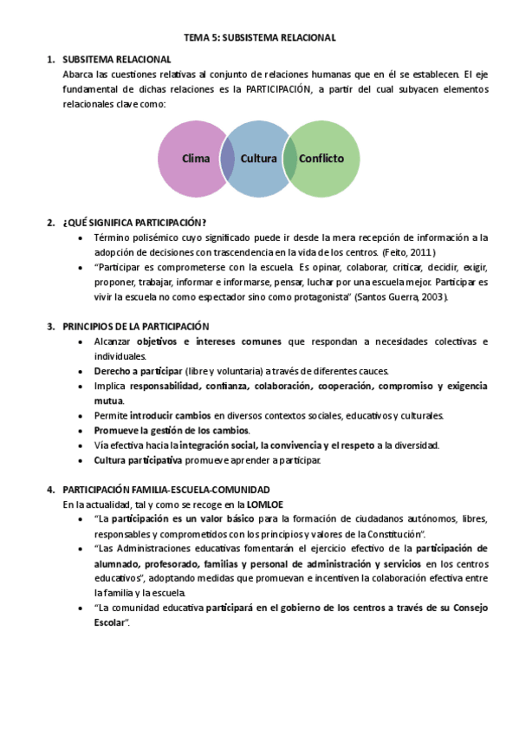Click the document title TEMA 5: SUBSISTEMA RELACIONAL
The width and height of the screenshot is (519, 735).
(x=260, y=38)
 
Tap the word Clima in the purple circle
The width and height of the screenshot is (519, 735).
(x=197, y=159)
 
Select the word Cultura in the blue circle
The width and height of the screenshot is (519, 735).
(x=258, y=159)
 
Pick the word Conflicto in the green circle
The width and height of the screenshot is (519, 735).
(x=321, y=159)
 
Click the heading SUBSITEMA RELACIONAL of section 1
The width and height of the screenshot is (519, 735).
(x=117, y=59)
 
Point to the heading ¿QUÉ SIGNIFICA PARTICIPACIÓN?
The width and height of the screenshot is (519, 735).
(x=134, y=223)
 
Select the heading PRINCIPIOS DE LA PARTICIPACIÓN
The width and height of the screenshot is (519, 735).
(x=136, y=327)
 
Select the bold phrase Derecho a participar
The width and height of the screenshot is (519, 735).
(x=133, y=371)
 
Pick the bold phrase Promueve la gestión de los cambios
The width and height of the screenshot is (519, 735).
(x=172, y=431)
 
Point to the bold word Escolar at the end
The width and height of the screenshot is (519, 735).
(x=110, y=623)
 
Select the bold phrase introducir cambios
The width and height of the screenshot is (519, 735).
(x=170, y=416)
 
